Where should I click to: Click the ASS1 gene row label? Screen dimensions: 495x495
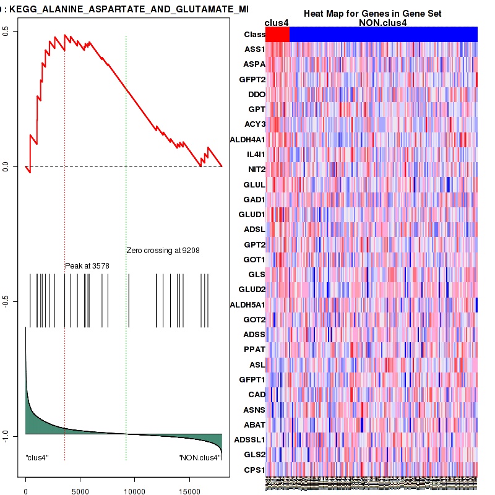click(254, 49)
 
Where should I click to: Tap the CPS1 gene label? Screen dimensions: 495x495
click(254, 470)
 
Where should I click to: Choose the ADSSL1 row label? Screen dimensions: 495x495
click(249, 440)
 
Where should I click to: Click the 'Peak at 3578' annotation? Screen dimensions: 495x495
click(87, 265)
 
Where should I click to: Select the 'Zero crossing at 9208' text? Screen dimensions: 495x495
click(163, 251)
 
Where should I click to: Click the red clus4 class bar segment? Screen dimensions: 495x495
click(277, 35)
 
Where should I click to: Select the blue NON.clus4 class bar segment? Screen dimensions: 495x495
click(383, 35)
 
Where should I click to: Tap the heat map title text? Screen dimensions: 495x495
click(372, 14)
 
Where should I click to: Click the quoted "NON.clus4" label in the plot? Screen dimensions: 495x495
click(199, 458)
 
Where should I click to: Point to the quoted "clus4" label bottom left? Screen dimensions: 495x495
click(37, 458)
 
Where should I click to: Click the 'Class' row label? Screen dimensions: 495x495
click(254, 35)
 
